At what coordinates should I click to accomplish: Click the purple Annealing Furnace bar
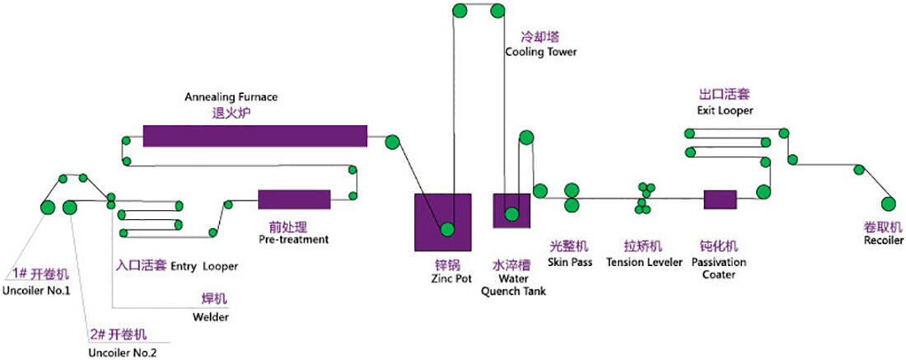[255, 136]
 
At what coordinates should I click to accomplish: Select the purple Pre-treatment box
[294, 199]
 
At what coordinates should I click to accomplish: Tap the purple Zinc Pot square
[442, 222]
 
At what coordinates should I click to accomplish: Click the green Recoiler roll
[888, 203]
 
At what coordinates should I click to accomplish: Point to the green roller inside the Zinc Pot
[446, 230]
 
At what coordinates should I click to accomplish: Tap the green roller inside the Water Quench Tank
[511, 215]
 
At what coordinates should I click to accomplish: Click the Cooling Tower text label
[540, 52]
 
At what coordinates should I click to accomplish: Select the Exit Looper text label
[720, 110]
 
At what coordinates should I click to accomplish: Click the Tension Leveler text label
[644, 262]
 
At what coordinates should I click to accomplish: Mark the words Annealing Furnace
[231, 96]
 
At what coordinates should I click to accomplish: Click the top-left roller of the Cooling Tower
[460, 11]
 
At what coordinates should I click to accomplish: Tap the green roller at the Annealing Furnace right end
[391, 141]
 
